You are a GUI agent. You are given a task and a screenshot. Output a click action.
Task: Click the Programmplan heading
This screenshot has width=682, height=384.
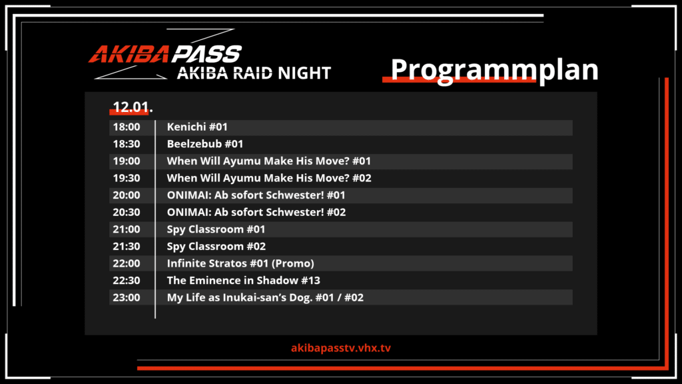495,69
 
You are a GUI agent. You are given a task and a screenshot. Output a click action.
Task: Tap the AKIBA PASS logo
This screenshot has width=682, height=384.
165,54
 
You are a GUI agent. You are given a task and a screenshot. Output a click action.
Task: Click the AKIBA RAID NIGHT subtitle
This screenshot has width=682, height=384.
254,73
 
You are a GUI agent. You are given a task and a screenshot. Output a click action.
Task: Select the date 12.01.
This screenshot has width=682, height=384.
133,107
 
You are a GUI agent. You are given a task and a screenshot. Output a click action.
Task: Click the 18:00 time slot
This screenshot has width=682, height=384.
127,127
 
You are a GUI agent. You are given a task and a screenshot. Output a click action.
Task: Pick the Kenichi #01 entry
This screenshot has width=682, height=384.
197,127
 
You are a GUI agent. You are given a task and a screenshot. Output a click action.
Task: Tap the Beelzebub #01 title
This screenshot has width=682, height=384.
205,144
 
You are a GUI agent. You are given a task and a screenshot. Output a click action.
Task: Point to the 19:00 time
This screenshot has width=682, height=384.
127,161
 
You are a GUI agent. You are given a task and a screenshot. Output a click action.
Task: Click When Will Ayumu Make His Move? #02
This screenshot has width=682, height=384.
269,178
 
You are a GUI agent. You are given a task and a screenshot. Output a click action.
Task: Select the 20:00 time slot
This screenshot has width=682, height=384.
127,195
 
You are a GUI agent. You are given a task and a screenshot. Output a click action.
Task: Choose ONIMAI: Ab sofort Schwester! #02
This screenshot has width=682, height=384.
256,212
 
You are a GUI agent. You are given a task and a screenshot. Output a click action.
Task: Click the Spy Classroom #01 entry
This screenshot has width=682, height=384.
216,229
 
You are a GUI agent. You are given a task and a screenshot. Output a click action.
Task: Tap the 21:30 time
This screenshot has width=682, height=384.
127,247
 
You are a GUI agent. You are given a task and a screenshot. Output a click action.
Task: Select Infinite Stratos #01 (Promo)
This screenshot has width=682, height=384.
240,263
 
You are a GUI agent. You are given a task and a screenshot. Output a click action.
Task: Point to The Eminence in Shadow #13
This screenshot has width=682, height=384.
244,281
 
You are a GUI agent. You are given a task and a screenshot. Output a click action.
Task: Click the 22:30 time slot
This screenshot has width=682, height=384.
127,281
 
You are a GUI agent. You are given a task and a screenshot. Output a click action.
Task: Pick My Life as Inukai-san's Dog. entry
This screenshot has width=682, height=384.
265,298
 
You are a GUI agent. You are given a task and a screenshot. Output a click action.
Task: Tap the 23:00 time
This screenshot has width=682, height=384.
127,297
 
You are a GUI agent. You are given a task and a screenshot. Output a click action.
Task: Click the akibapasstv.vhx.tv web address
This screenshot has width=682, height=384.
341,348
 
